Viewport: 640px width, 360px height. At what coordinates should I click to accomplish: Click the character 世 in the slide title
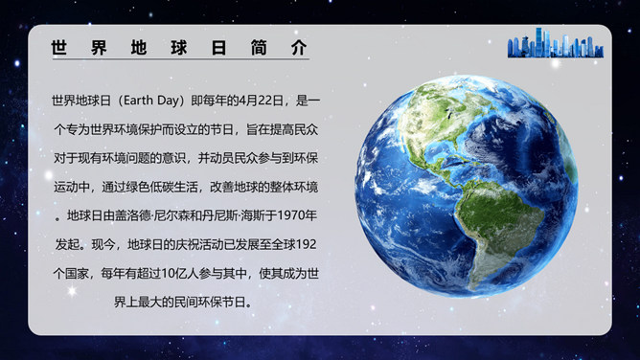click(58, 47)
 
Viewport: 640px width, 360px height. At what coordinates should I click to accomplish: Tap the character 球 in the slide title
click(179, 47)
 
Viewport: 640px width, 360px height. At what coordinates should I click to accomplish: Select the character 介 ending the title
click(299, 47)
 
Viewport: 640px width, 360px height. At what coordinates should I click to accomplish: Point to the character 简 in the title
click(260, 47)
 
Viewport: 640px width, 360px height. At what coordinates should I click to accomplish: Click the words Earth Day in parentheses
click(151, 101)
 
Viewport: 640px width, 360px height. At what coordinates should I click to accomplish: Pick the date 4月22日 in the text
click(261, 101)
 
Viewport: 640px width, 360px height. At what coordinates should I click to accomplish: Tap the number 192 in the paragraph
click(307, 244)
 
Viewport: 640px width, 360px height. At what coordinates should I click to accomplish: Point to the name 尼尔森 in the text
click(171, 215)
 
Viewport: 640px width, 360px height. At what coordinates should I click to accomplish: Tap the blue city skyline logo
click(556, 43)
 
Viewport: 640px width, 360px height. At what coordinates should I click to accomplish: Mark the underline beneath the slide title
click(181, 59)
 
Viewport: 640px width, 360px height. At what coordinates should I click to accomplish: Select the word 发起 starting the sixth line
click(67, 244)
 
